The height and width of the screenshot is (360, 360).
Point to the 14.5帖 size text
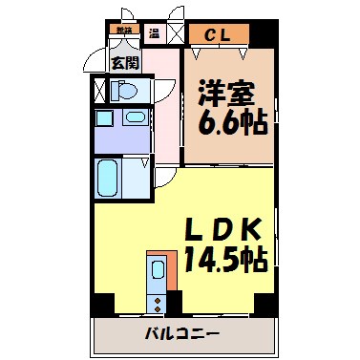tap(225, 259)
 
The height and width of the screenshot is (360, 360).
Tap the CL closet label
tap(217, 35)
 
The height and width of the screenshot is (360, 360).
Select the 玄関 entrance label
tap(123, 64)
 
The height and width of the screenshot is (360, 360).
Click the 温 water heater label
tap(153, 34)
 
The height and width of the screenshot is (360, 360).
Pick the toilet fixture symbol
tap(123, 91)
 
